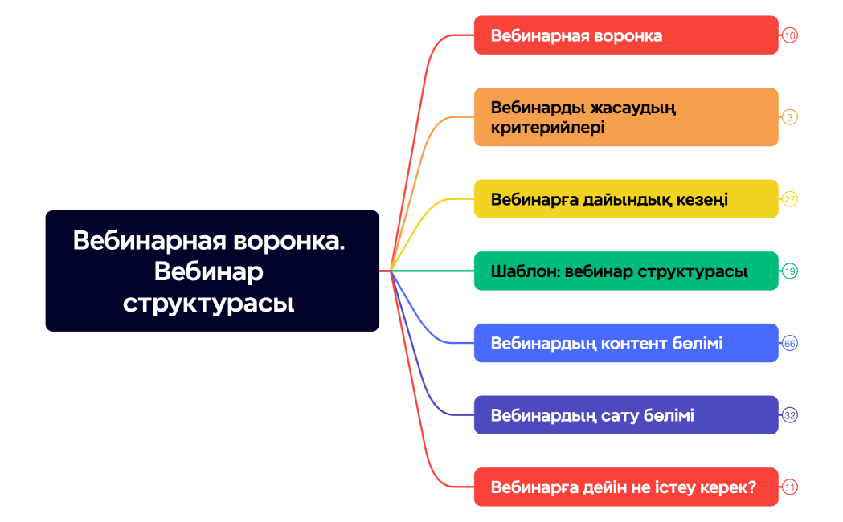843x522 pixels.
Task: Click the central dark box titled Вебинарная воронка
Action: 212,271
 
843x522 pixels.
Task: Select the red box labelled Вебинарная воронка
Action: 626,35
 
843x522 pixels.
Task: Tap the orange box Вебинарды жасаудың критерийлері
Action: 626,117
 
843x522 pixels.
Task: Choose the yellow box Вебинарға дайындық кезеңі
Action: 626,199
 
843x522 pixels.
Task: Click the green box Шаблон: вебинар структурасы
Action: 626,271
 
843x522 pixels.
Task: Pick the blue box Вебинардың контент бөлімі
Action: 626,343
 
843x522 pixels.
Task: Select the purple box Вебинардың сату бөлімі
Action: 626,415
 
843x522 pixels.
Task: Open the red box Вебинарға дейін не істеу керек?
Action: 626,487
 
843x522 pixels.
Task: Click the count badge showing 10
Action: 790,35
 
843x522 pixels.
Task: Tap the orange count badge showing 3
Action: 790,117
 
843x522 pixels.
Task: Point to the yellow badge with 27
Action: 790,199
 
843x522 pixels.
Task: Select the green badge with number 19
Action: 790,271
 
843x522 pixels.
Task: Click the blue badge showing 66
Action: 790,343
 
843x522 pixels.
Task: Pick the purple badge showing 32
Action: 790,415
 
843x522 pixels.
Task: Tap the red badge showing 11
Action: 790,487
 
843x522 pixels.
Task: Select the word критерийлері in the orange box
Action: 547,128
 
